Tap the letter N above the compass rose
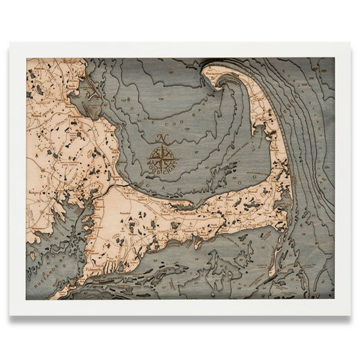click(x=163, y=135)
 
